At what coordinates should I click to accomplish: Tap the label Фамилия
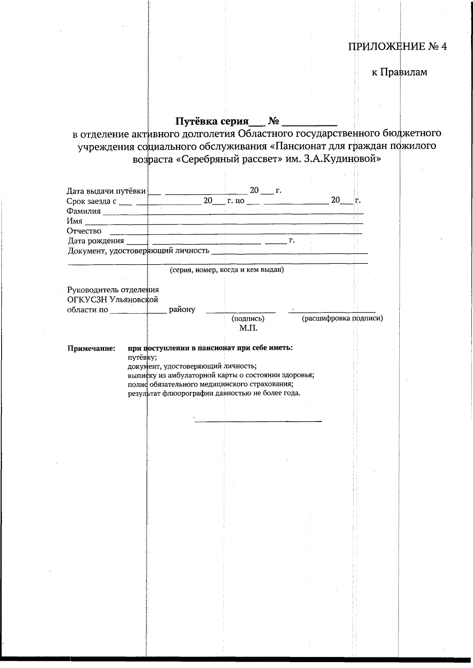tap(84, 211)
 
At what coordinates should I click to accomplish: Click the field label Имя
tap(74, 221)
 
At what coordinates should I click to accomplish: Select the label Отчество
tap(84, 231)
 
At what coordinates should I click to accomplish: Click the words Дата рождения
tap(96, 241)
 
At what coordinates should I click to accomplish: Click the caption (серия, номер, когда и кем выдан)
tap(227, 270)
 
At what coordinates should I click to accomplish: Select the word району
tap(182, 310)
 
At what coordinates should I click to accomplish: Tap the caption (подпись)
tap(248, 319)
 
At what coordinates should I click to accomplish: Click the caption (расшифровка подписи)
tap(342, 319)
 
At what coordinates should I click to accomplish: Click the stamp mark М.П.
tap(248, 328)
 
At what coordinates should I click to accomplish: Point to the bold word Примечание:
tap(91, 349)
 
